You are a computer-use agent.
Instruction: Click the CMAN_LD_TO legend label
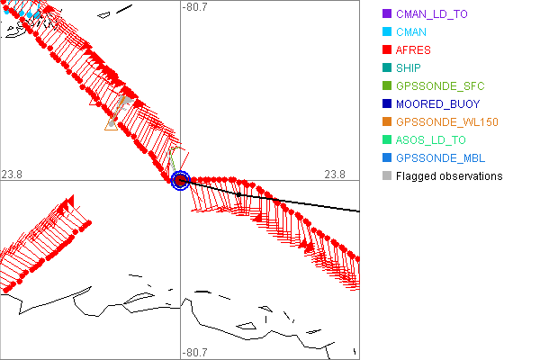pyautogui.click(x=432, y=14)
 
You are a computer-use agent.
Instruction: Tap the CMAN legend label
pyautogui.click(x=411, y=31)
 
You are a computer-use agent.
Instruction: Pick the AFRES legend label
pyautogui.click(x=413, y=49)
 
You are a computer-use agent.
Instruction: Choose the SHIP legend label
pyautogui.click(x=409, y=67)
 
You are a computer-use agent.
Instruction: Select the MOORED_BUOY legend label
pyautogui.click(x=436, y=103)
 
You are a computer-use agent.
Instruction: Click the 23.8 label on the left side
pyautogui.click(x=13, y=173)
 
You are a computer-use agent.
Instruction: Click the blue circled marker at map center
pyautogui.click(x=180, y=180)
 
